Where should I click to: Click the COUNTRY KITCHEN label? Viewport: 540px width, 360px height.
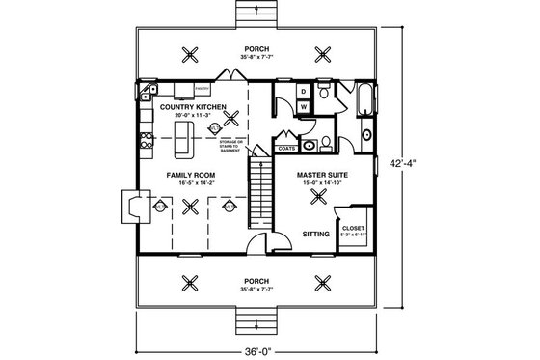point(193,105)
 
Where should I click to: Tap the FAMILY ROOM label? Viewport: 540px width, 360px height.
point(189,175)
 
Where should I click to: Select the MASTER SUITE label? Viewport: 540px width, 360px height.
point(322,175)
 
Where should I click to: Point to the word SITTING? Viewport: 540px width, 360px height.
point(316,234)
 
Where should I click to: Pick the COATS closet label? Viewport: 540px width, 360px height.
point(286,150)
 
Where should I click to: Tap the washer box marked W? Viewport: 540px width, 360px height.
point(302,106)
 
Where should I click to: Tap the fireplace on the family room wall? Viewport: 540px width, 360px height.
point(130,205)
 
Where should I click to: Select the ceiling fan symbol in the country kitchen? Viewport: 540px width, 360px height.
point(230,118)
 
